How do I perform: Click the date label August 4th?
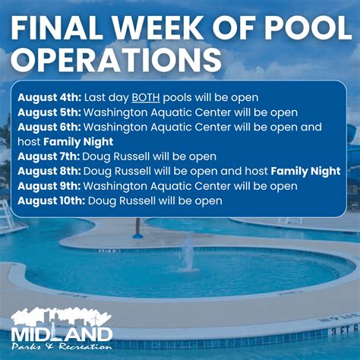(43, 98)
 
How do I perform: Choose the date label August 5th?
(43, 112)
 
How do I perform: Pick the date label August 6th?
(43, 128)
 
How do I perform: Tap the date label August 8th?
(43, 172)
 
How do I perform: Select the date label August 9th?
(43, 186)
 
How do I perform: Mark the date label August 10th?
(46, 201)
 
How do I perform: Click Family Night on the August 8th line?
(305, 172)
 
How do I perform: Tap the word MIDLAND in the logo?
(62, 333)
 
